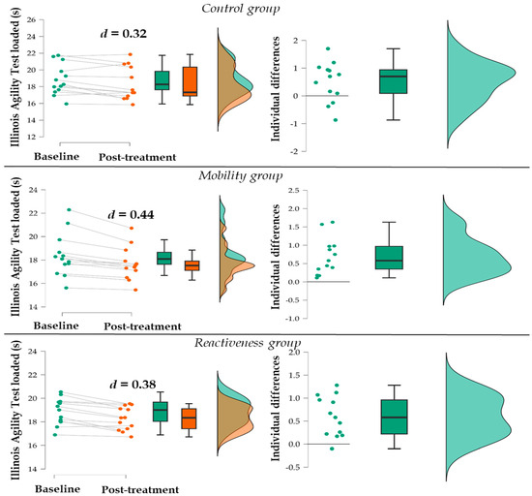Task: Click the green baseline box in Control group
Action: [162, 80]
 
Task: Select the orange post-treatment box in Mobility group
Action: [191, 265]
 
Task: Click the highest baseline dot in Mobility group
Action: [67, 209]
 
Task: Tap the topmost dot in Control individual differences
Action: [328, 48]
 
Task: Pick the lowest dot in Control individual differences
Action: [336, 119]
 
